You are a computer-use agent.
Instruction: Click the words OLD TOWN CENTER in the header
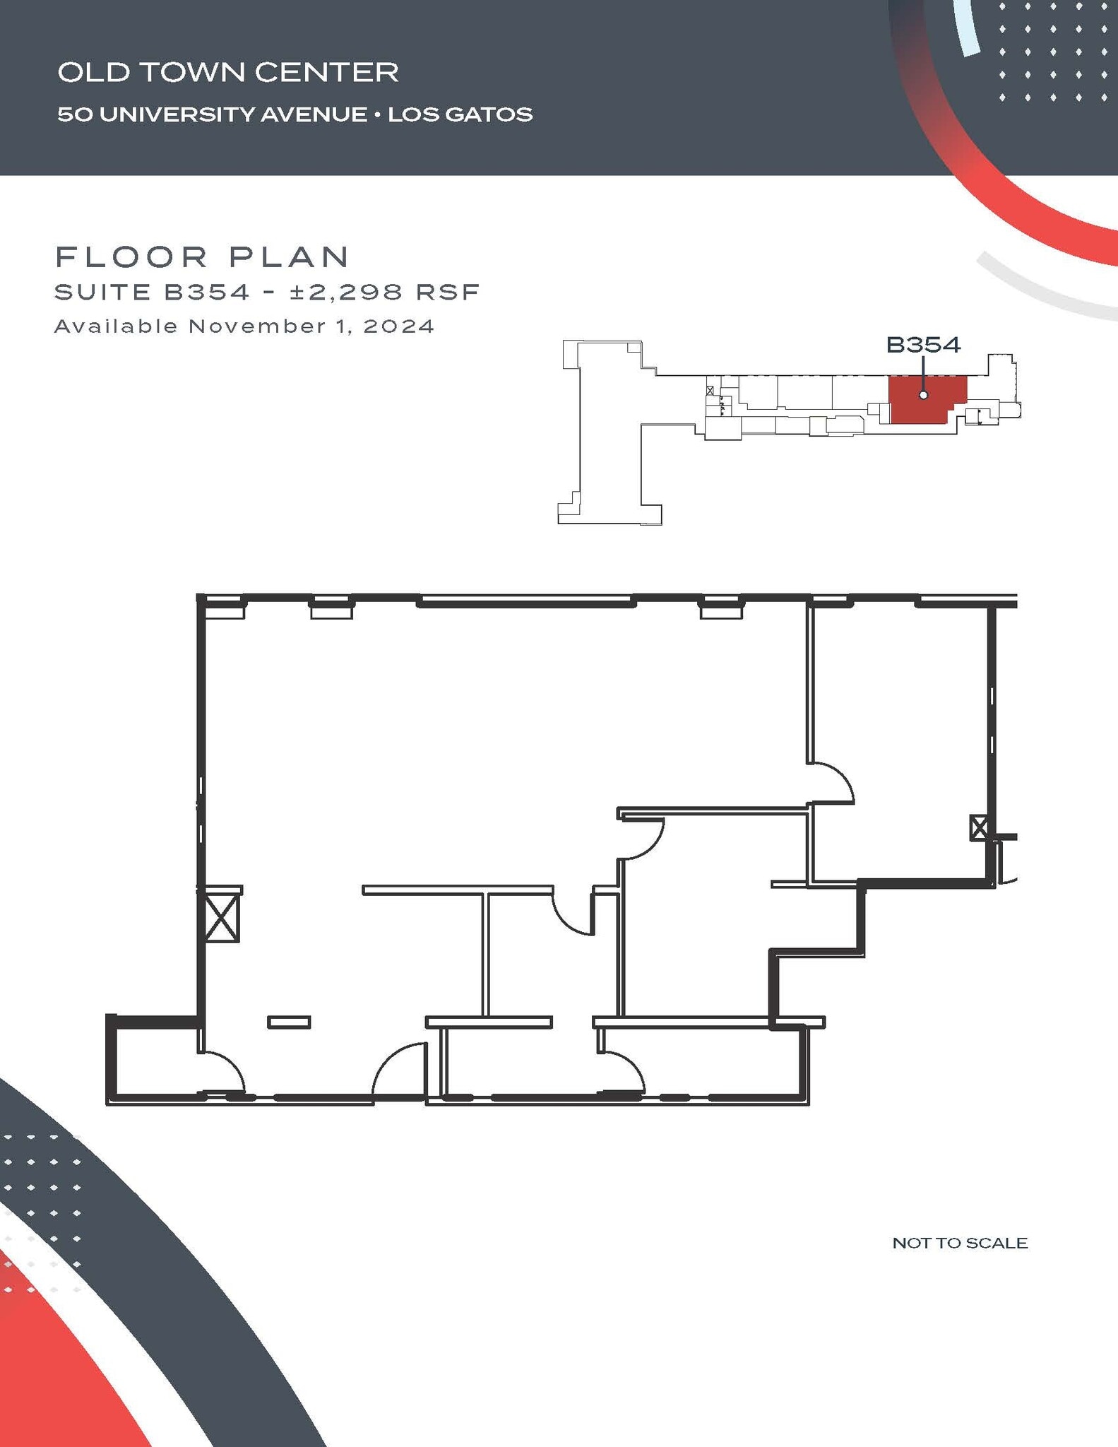point(227,72)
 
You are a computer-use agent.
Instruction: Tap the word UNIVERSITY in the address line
point(179,114)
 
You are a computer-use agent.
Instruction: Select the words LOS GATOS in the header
point(460,114)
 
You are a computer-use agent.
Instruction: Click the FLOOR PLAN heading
point(202,257)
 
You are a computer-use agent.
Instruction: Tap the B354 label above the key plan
point(923,345)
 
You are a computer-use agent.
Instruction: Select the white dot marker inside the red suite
point(923,395)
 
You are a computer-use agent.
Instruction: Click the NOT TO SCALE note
point(959,1243)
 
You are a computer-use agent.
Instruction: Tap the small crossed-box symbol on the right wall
point(978,827)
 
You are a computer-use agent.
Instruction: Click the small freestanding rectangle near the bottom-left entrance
point(288,1022)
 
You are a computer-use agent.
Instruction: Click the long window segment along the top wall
point(526,603)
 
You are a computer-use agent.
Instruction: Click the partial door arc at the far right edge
point(1008,877)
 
